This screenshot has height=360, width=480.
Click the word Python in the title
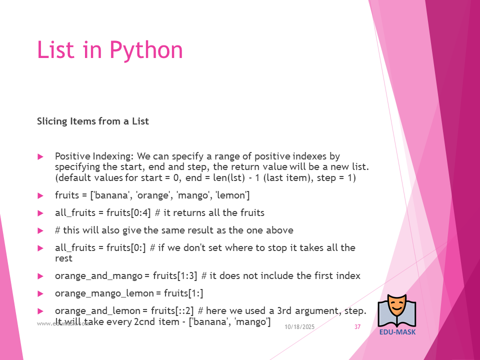[146, 50]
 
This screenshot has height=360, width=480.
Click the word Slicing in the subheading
[52, 121]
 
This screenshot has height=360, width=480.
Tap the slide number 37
[357, 327]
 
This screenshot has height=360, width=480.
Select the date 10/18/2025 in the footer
[299, 327]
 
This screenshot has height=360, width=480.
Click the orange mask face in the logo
[396, 305]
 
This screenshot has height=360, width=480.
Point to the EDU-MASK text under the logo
[397, 332]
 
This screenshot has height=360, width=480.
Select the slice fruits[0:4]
[128, 213]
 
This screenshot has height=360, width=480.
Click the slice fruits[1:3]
[175, 276]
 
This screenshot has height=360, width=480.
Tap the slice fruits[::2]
[172, 311]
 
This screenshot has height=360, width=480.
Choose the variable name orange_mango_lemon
[104, 293]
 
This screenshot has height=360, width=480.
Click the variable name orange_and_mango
[99, 276]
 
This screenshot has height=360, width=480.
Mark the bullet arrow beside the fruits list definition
[40, 195]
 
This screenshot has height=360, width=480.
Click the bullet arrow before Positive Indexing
[40, 156]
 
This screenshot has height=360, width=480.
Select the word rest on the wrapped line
[63, 258]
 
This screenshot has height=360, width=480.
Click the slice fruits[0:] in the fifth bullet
[126, 247]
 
